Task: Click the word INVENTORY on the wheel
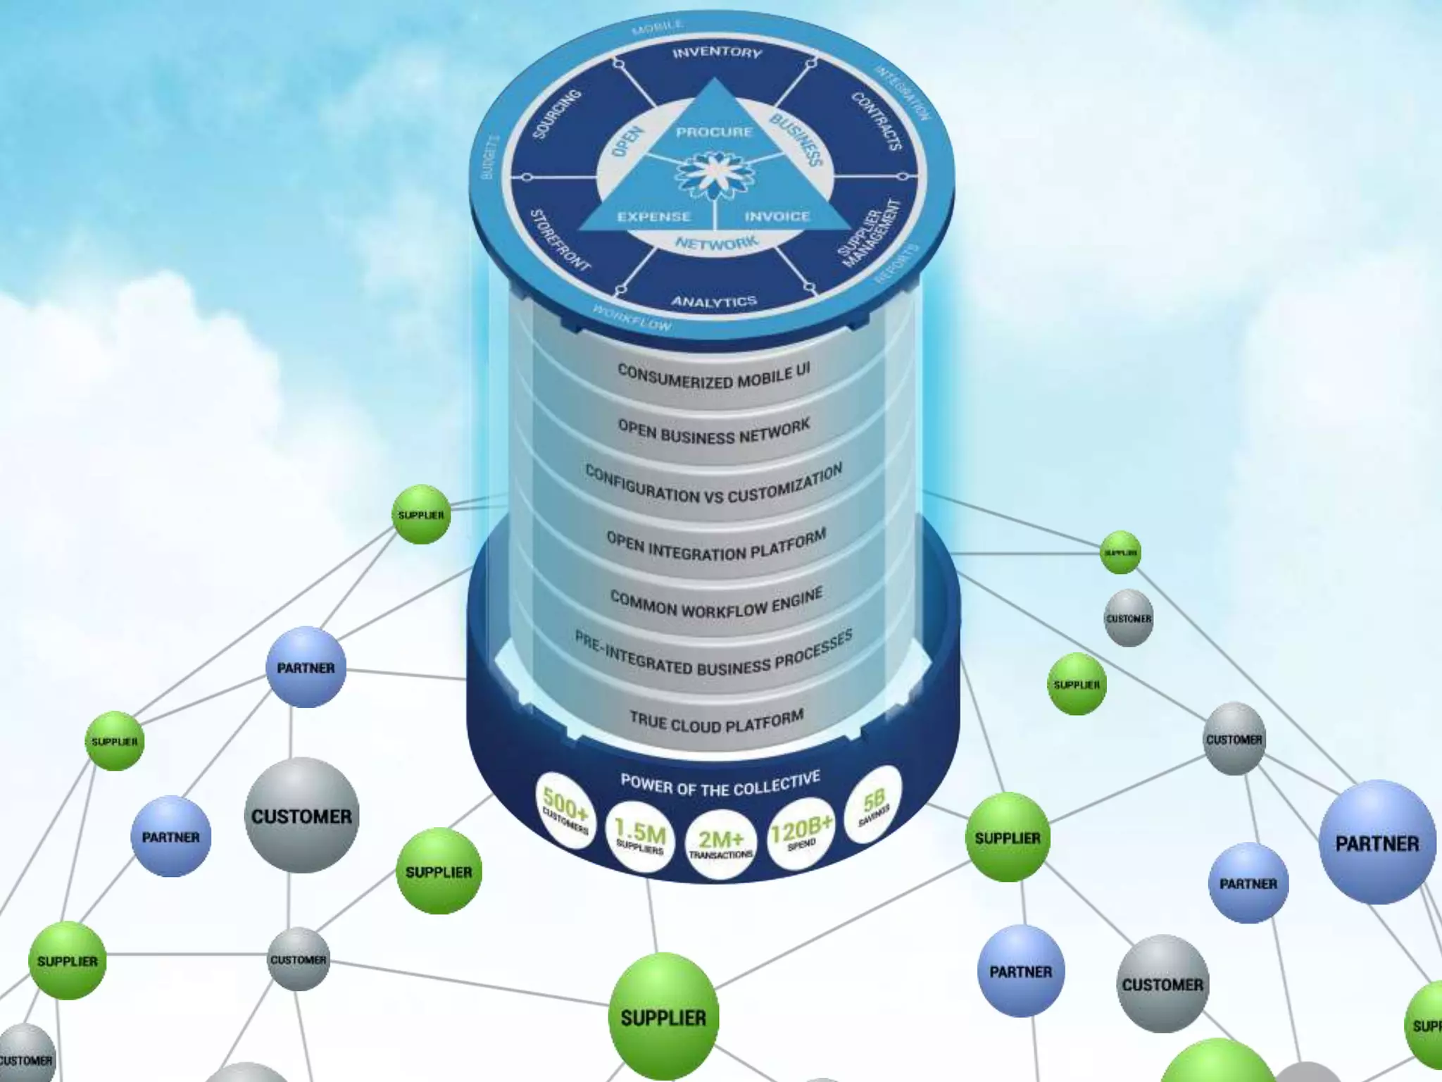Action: pos(717,52)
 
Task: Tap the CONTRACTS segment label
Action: pos(877,121)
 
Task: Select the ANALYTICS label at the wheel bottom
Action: pos(714,301)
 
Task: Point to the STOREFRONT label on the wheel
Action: pos(560,240)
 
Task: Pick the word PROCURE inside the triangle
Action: pos(714,132)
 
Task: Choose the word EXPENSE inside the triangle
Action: pos(654,216)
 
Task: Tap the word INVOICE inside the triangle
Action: pos(777,216)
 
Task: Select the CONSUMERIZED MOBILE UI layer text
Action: pos(714,376)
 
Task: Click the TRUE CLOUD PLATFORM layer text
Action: pos(716,721)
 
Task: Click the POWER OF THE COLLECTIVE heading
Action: pos(720,783)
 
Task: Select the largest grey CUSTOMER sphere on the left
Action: pos(301,816)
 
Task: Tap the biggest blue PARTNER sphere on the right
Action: pos(1377,842)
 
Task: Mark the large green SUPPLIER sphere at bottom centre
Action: pos(663,1016)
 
